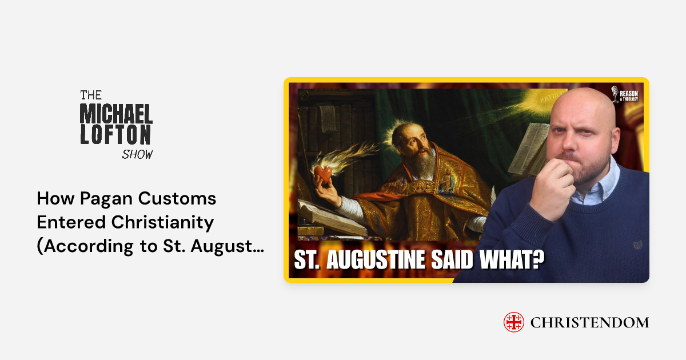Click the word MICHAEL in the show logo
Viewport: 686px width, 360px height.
coord(116,115)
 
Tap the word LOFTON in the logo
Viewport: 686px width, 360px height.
coord(116,136)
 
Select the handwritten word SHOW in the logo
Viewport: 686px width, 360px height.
coord(137,154)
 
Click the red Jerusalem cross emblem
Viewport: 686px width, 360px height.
coord(514,322)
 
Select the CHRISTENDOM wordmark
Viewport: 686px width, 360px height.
coord(589,322)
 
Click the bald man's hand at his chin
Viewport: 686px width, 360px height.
coord(552,189)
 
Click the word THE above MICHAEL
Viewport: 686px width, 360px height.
coord(90,94)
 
